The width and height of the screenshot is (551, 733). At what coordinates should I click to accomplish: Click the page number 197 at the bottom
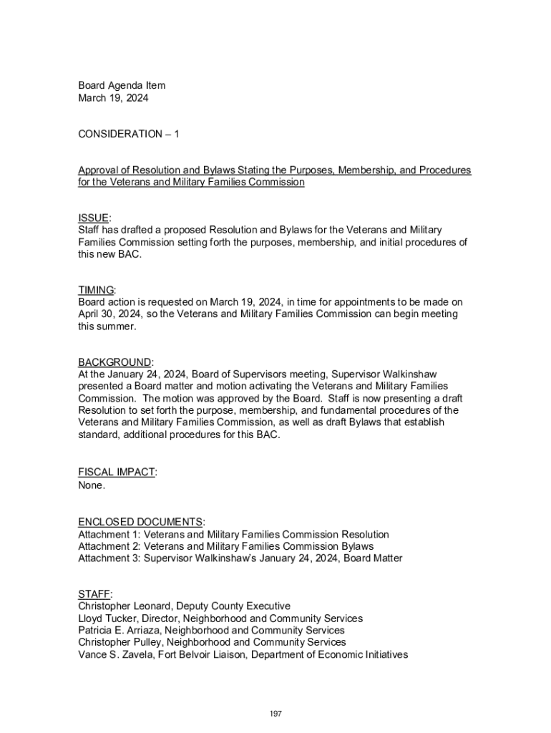tap(275, 714)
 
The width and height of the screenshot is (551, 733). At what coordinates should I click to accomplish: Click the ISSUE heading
tap(94, 218)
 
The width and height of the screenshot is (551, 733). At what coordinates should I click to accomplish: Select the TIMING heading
tap(96, 290)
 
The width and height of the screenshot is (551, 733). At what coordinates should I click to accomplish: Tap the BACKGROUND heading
tap(114, 362)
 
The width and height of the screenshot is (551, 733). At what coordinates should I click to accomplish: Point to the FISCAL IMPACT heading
tap(117, 472)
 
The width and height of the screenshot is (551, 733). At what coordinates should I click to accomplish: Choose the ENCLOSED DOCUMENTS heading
tap(141, 522)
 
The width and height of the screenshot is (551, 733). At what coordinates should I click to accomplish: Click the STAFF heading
tap(94, 594)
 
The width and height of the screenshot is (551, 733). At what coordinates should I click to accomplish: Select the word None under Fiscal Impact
tap(92, 485)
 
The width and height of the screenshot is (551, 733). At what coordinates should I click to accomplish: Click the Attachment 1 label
tap(109, 535)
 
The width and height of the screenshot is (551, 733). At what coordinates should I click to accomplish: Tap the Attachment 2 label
tap(109, 547)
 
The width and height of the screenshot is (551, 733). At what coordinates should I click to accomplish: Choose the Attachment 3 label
tap(109, 559)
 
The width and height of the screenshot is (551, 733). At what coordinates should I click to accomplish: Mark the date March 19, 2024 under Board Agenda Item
tap(113, 98)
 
